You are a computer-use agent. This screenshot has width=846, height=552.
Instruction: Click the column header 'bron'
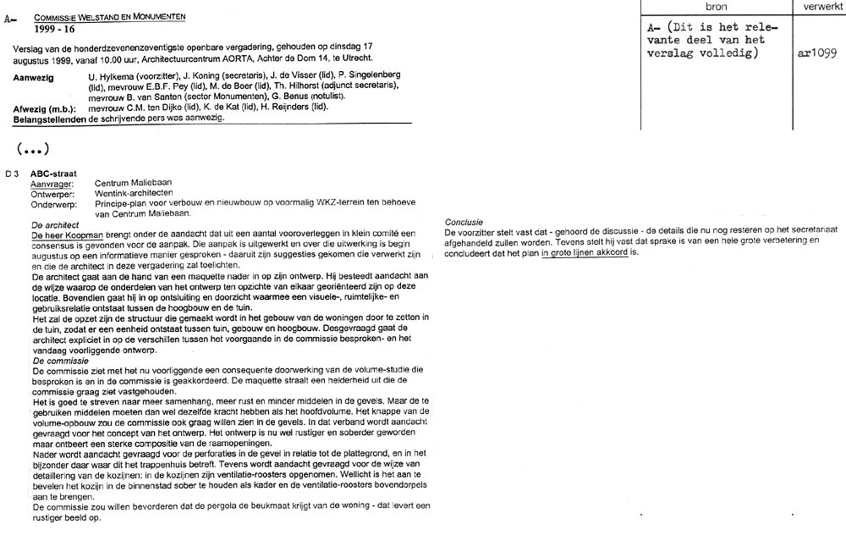(x=716, y=7)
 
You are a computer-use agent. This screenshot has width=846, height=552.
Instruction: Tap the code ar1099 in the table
(x=817, y=53)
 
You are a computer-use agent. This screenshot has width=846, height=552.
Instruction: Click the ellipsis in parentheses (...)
(x=32, y=149)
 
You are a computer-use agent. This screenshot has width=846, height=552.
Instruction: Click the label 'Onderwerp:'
(x=52, y=203)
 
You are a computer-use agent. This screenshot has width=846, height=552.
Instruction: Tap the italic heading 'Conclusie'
(x=464, y=222)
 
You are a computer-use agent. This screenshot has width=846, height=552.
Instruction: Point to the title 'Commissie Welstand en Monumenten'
(x=110, y=17)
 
